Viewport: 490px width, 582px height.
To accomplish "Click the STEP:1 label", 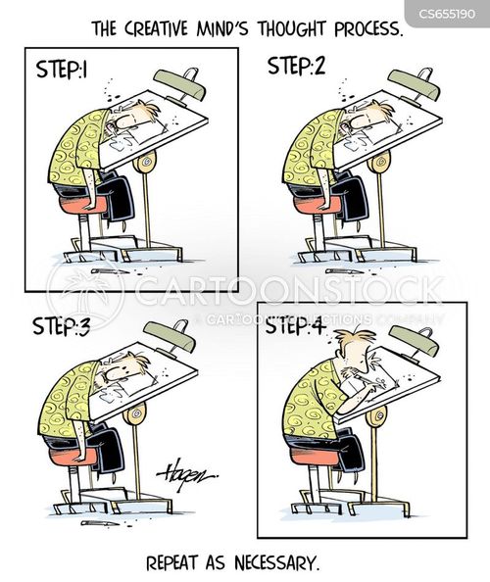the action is click(x=62, y=69).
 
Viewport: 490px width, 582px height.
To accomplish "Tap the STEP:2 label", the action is click(x=297, y=67).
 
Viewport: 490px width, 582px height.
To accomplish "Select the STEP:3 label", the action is click(x=61, y=326).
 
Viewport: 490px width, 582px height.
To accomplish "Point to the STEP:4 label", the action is click(x=296, y=326).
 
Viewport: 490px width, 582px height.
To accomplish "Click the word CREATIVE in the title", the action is click(x=156, y=29).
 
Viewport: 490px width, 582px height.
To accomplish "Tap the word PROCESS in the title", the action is click(x=367, y=29).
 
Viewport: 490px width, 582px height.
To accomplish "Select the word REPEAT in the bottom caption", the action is click(x=171, y=563).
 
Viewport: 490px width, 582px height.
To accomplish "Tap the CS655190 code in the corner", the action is click(x=447, y=14).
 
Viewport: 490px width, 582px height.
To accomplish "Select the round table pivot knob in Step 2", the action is click(x=378, y=163).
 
